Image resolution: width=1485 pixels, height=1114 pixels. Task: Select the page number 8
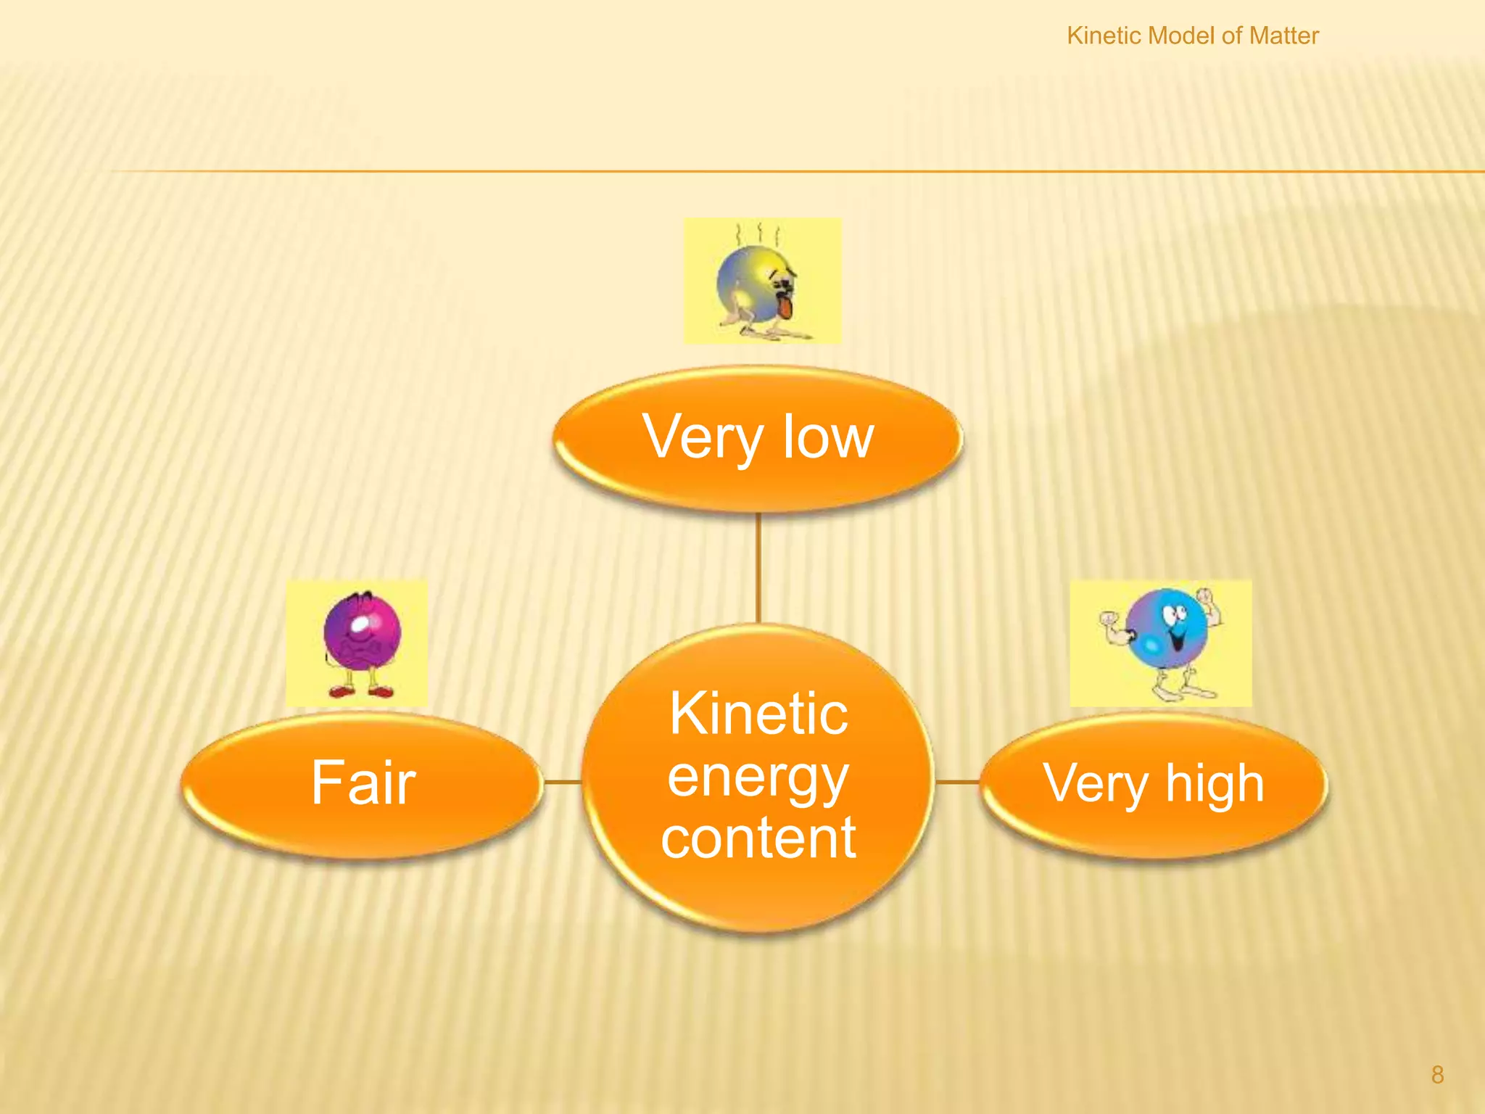[1437, 1075]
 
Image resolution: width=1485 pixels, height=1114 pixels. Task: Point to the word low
[828, 437]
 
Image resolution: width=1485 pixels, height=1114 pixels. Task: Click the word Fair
[363, 783]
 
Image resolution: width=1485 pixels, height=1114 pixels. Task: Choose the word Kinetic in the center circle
[758, 714]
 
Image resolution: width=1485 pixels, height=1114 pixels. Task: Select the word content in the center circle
[758, 838]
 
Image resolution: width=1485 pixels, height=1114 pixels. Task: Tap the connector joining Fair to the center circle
[563, 782]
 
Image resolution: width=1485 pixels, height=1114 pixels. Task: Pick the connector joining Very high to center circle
[958, 782]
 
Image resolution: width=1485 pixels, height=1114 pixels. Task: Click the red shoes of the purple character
[360, 691]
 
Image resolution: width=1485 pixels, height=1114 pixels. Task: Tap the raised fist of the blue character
[1205, 597]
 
